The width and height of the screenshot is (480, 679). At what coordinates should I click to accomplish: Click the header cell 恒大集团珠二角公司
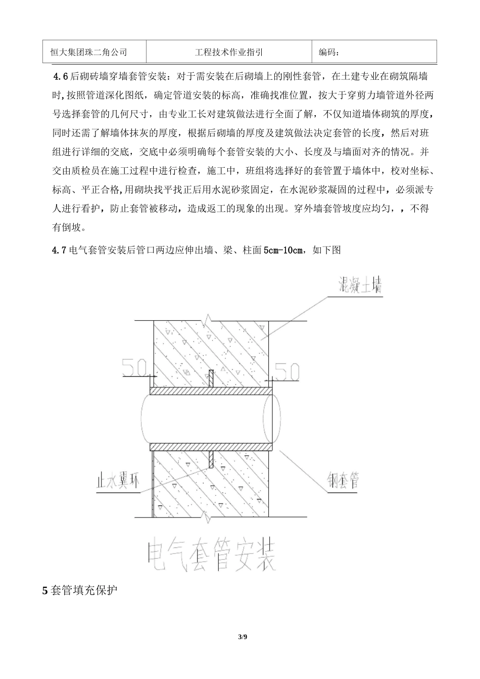pyautogui.click(x=89, y=52)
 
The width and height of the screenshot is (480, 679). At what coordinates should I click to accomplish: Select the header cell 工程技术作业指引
pyautogui.click(x=228, y=52)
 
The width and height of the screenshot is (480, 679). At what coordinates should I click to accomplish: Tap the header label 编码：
pyautogui.click(x=329, y=52)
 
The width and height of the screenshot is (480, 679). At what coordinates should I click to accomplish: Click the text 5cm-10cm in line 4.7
pyautogui.click(x=283, y=250)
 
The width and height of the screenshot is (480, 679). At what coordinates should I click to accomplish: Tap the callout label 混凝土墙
pyautogui.click(x=359, y=286)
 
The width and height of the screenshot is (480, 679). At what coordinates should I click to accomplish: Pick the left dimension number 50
pyautogui.click(x=135, y=369)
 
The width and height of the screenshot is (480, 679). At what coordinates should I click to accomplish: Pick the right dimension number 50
pyautogui.click(x=287, y=372)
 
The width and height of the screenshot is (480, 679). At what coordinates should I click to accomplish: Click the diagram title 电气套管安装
pyautogui.click(x=211, y=557)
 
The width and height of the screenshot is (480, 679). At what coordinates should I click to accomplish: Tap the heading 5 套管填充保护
pyautogui.click(x=79, y=590)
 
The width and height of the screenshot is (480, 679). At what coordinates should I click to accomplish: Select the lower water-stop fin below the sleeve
pyautogui.click(x=211, y=459)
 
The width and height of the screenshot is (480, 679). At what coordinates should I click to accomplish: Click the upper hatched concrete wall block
pyautogui.click(x=211, y=349)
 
